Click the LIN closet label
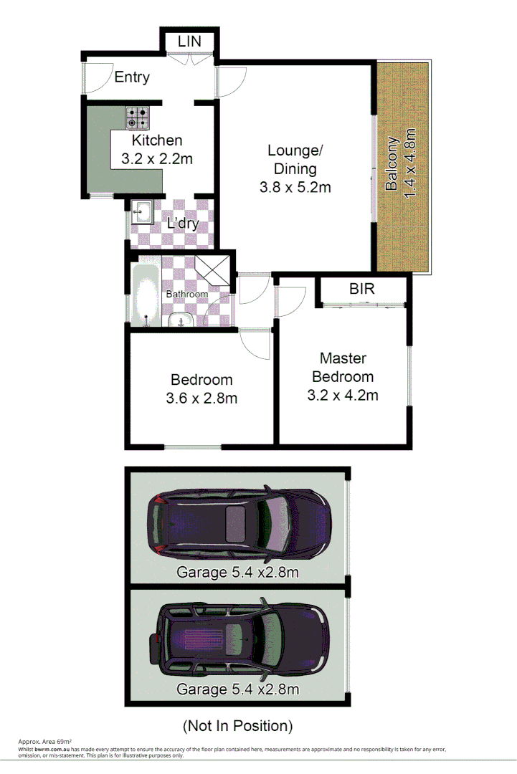point(190,42)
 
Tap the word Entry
point(132,77)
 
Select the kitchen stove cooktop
point(138,118)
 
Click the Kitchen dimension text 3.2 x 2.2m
point(152,159)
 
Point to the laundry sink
point(141,212)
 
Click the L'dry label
point(182,223)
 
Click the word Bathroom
point(187,294)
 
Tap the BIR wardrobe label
point(362,289)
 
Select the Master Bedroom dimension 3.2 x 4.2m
point(343,395)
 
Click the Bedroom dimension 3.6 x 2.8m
point(201,398)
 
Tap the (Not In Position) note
point(238,726)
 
